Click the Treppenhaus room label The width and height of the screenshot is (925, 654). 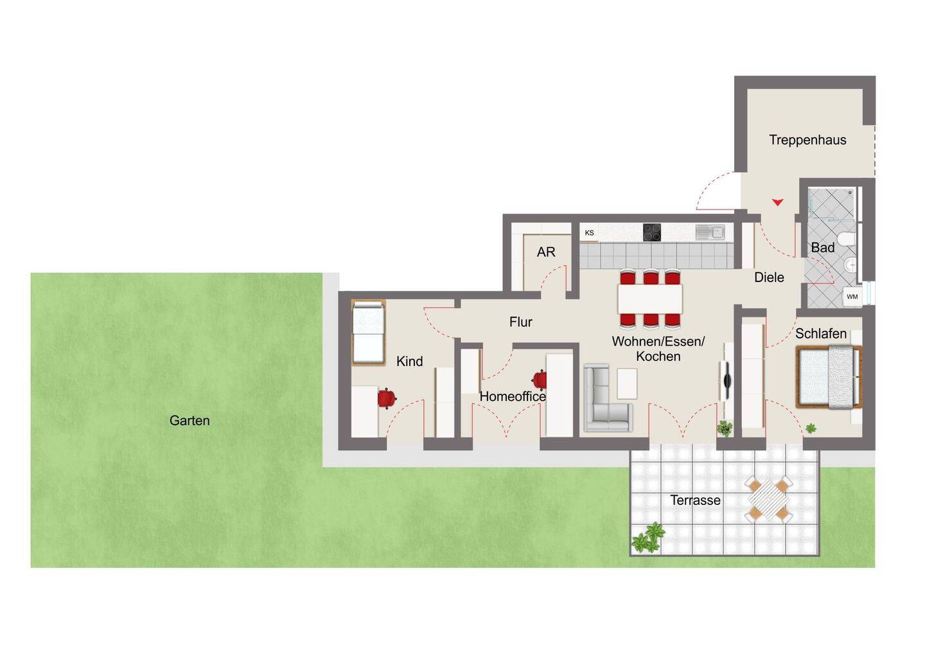[x=807, y=140]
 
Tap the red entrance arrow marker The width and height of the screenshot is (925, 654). [x=777, y=202]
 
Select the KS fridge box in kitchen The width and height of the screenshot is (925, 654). [x=589, y=233]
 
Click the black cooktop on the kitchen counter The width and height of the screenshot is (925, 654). [x=651, y=233]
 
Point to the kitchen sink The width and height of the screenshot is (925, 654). [x=710, y=233]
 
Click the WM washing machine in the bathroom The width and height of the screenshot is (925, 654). [x=852, y=297]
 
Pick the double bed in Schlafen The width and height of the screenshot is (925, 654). [x=829, y=377]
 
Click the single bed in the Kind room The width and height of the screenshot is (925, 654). [x=368, y=333]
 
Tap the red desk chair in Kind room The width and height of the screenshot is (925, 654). [x=387, y=398]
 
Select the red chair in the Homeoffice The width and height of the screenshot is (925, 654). [x=540, y=380]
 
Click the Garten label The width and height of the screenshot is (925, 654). [x=189, y=421]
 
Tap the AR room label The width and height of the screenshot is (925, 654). [x=546, y=252]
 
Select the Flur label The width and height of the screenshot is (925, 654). [x=521, y=322]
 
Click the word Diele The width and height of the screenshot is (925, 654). [x=769, y=278]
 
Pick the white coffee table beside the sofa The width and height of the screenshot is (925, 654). [x=627, y=384]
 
